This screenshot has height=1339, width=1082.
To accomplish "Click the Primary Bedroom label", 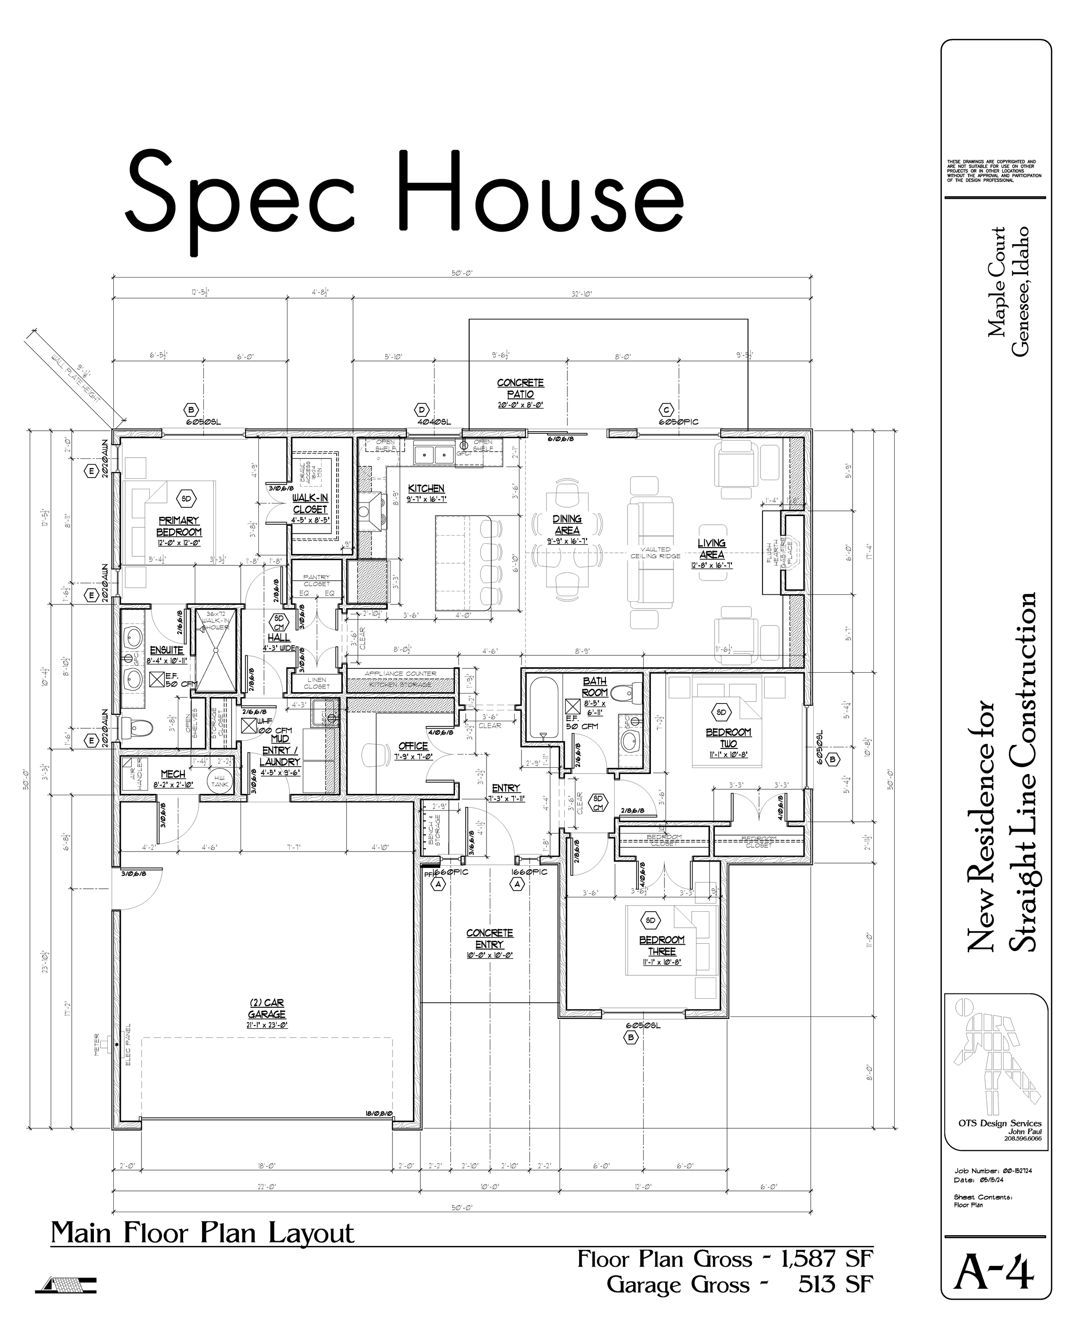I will coord(179,526).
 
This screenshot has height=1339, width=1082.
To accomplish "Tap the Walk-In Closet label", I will coord(310,503).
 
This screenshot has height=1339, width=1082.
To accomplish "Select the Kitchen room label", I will coord(426,489).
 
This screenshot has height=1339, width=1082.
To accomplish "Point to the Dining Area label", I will coord(567,525).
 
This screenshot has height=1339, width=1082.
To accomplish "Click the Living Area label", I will coord(711,549).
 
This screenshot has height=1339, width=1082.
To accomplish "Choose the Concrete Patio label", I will coord(520,388).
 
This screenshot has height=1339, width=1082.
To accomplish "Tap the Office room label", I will coord(413,746).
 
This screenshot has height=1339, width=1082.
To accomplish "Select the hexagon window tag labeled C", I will coord(666,410).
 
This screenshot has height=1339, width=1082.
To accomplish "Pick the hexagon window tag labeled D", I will coord(422,410).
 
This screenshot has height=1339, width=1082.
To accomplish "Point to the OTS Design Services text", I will coord(999,1123).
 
